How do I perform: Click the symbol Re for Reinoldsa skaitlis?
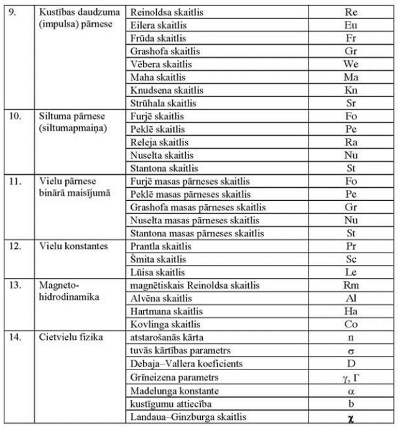(x=351, y=12)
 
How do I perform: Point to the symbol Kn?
(x=351, y=90)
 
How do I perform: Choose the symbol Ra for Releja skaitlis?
(x=351, y=142)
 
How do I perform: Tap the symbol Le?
(x=351, y=272)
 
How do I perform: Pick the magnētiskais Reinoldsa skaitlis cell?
(x=195, y=286)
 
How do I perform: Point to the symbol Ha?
(x=351, y=312)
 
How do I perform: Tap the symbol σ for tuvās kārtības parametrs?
(x=351, y=351)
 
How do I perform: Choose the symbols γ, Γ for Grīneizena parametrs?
(x=351, y=378)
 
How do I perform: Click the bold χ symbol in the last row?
(x=351, y=419)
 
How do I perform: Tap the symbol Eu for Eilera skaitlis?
(x=351, y=25)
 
